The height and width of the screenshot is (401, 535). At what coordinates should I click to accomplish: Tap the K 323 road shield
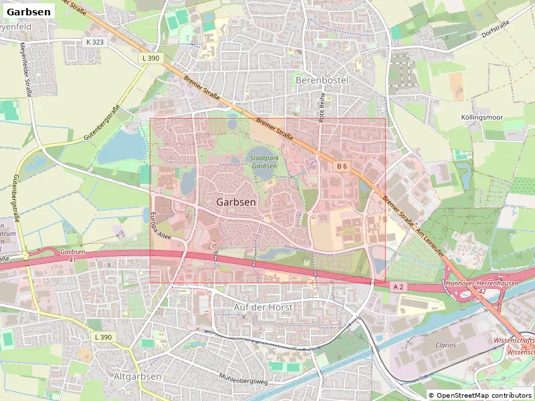pyautogui.click(x=95, y=41)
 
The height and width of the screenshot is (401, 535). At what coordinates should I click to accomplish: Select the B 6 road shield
pyautogui.click(x=342, y=165)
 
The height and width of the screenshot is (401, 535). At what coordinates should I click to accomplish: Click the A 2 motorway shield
pyautogui.click(x=399, y=287)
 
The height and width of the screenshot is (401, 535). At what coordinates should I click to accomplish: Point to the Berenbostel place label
pyautogui.click(x=322, y=79)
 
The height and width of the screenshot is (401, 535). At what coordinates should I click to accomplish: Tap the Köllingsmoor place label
pyautogui.click(x=481, y=116)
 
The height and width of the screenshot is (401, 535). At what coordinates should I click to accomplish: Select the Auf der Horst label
pyautogui.click(x=263, y=306)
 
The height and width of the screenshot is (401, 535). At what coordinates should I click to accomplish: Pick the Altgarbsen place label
pyautogui.click(x=137, y=376)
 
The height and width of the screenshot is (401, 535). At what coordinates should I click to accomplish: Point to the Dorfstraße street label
pyautogui.click(x=496, y=31)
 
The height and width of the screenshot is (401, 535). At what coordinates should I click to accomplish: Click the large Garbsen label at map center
pyautogui.click(x=236, y=201)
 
